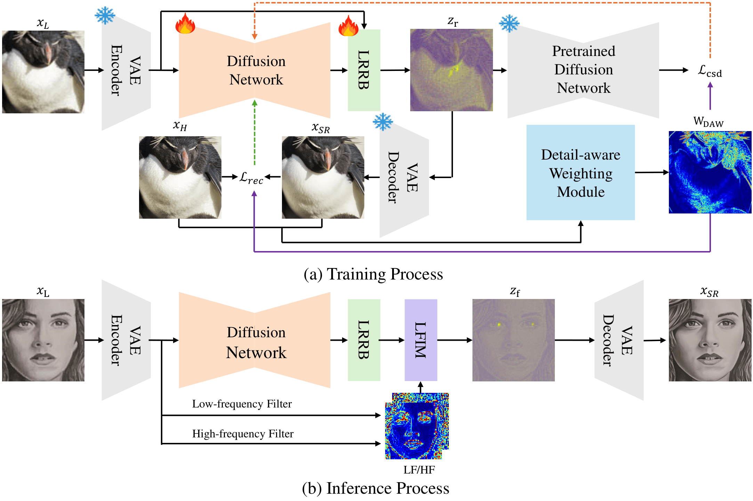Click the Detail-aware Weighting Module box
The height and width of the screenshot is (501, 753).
(580, 173)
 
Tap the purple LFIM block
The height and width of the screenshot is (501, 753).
(420, 340)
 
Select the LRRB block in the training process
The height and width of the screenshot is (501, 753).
(364, 70)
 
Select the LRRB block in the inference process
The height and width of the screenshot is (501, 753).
(364, 340)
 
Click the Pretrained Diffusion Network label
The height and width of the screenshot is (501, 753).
(583, 70)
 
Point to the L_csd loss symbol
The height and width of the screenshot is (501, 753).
(710, 71)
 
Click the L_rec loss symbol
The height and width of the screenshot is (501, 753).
(251, 178)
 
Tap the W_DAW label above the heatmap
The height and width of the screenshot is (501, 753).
(708, 121)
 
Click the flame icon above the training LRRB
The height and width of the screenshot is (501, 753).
(348, 26)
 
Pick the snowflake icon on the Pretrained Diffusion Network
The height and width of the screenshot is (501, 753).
(509, 23)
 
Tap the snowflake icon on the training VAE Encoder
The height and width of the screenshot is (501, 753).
(105, 15)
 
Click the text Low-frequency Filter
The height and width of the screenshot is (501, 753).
(242, 404)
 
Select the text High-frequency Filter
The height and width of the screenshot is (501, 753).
(243, 434)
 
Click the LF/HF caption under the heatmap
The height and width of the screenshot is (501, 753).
(419, 470)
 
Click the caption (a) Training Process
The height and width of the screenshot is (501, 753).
(373, 274)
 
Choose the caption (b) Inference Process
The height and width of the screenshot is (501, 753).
(375, 488)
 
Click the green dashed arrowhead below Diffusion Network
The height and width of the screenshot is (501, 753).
(254, 103)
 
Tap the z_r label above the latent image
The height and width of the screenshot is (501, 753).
(452, 22)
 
